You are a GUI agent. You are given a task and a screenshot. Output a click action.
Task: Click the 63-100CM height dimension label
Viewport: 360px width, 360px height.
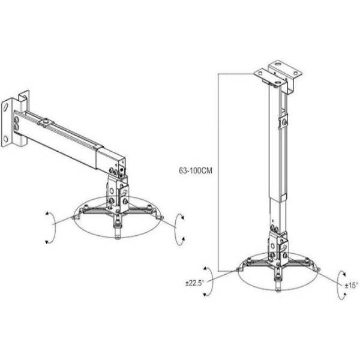pyautogui.click(x=196, y=171)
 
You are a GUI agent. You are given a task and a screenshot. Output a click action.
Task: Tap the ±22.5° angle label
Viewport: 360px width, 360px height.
pyautogui.click(x=194, y=283)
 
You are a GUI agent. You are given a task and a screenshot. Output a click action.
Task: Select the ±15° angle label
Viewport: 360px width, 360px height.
pyautogui.click(x=351, y=286)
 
